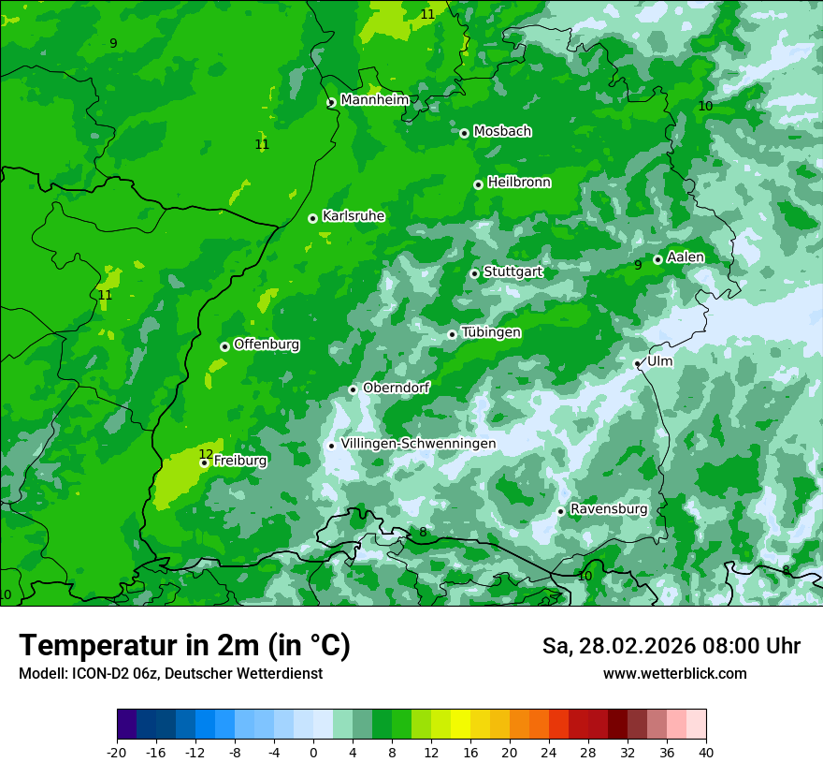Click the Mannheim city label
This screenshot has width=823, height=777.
pyautogui.click(x=375, y=100)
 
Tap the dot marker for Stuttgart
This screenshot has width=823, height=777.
pyautogui.click(x=474, y=273)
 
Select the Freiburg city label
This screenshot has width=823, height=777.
pyautogui.click(x=240, y=461)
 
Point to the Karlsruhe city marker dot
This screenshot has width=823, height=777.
pyautogui.click(x=312, y=218)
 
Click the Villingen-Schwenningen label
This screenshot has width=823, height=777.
pyautogui.click(x=418, y=444)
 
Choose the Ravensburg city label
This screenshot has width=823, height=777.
pyautogui.click(x=609, y=509)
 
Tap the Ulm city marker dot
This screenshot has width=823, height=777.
pyautogui.click(x=637, y=363)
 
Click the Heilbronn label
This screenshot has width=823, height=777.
pyautogui.click(x=519, y=183)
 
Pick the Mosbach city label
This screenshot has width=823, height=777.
pyautogui.click(x=502, y=132)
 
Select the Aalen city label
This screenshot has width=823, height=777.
pyautogui.click(x=686, y=257)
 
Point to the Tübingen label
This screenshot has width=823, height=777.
pyautogui.click(x=491, y=332)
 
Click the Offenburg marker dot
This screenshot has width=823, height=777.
pyautogui.click(x=224, y=346)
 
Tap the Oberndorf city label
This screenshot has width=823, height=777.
pyautogui.click(x=396, y=388)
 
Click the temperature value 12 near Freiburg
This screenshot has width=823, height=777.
pyautogui.click(x=206, y=454)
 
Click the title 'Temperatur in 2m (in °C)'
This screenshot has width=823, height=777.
pyautogui.click(x=184, y=646)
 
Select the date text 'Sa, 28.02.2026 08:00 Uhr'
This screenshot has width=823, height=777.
pyautogui.click(x=671, y=646)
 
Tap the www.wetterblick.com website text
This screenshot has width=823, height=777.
pyautogui.click(x=674, y=674)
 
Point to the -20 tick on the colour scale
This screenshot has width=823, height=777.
pyautogui.click(x=117, y=752)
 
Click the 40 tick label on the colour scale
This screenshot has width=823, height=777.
pyautogui.click(x=706, y=752)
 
